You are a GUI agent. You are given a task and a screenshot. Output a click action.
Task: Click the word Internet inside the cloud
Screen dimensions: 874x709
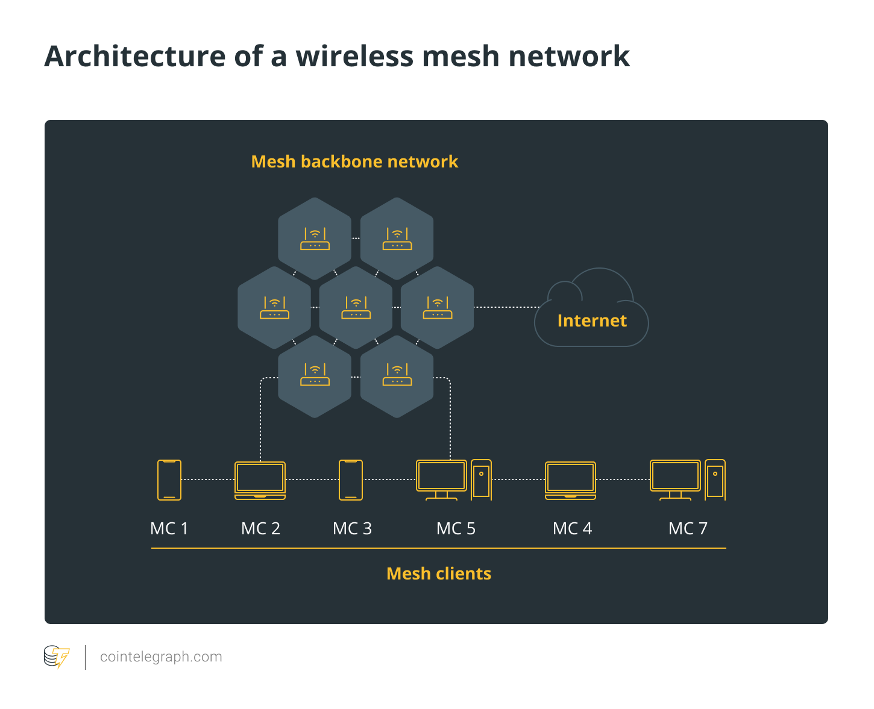pyautogui.click(x=592, y=320)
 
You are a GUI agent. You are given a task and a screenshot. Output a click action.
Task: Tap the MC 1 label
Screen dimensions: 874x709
pyautogui.click(x=169, y=528)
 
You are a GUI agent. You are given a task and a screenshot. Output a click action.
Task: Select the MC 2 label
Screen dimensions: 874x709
pyautogui.click(x=260, y=528)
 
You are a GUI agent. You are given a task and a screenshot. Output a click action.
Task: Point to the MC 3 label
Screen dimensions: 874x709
pyautogui.click(x=352, y=528)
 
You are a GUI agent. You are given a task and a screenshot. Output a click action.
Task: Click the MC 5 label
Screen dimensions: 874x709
pyautogui.click(x=456, y=528)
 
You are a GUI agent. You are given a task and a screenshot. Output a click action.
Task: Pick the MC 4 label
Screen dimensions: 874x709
pyautogui.click(x=572, y=528)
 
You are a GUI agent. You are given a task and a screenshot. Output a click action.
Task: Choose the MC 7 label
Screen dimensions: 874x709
pyautogui.click(x=688, y=528)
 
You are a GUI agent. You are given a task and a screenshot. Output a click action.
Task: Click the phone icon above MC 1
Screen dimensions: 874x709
pyautogui.click(x=169, y=479)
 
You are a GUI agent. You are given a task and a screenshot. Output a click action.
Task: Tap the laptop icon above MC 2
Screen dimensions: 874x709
pyautogui.click(x=260, y=481)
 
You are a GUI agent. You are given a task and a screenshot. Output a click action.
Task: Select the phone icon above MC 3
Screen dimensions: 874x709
pyautogui.click(x=350, y=479)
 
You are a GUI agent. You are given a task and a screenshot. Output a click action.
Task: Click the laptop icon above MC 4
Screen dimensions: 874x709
pyautogui.click(x=570, y=481)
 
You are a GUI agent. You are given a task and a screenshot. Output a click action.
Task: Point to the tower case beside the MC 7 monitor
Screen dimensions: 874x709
pyautogui.click(x=715, y=479)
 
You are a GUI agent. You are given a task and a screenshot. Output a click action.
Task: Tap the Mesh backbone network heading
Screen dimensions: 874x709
pyautogui.click(x=354, y=161)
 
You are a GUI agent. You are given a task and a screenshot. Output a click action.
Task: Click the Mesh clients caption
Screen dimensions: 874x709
pyautogui.click(x=439, y=573)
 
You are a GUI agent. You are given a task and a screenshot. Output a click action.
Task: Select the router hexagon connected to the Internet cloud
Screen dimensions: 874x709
pyautogui.click(x=438, y=308)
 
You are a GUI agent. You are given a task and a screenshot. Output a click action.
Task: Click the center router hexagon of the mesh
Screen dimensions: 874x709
pyautogui.click(x=356, y=308)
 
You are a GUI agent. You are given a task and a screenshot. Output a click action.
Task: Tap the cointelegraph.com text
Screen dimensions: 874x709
pyautogui.click(x=161, y=657)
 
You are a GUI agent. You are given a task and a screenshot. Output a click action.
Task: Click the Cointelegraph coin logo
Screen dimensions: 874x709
pyautogui.click(x=57, y=657)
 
